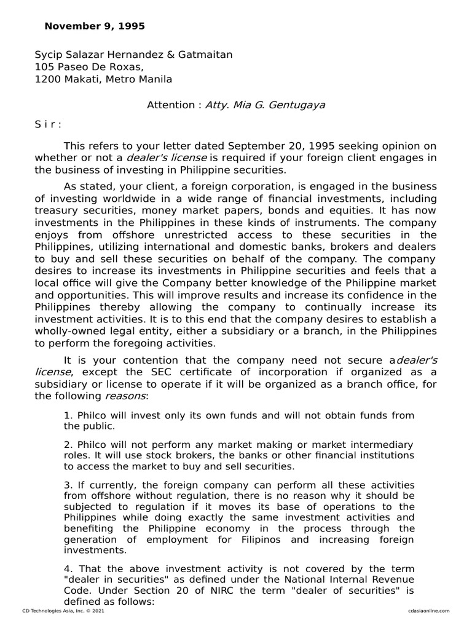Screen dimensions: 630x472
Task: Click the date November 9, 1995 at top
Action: [95, 26]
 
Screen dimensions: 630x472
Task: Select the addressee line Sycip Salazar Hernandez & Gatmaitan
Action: [133, 55]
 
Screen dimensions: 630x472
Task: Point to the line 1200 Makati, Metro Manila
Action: [103, 79]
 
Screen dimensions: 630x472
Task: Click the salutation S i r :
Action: [48, 124]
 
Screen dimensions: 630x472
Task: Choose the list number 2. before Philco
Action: [68, 444]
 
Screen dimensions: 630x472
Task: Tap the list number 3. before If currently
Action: [68, 485]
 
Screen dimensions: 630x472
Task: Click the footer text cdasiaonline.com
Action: [428, 610]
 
